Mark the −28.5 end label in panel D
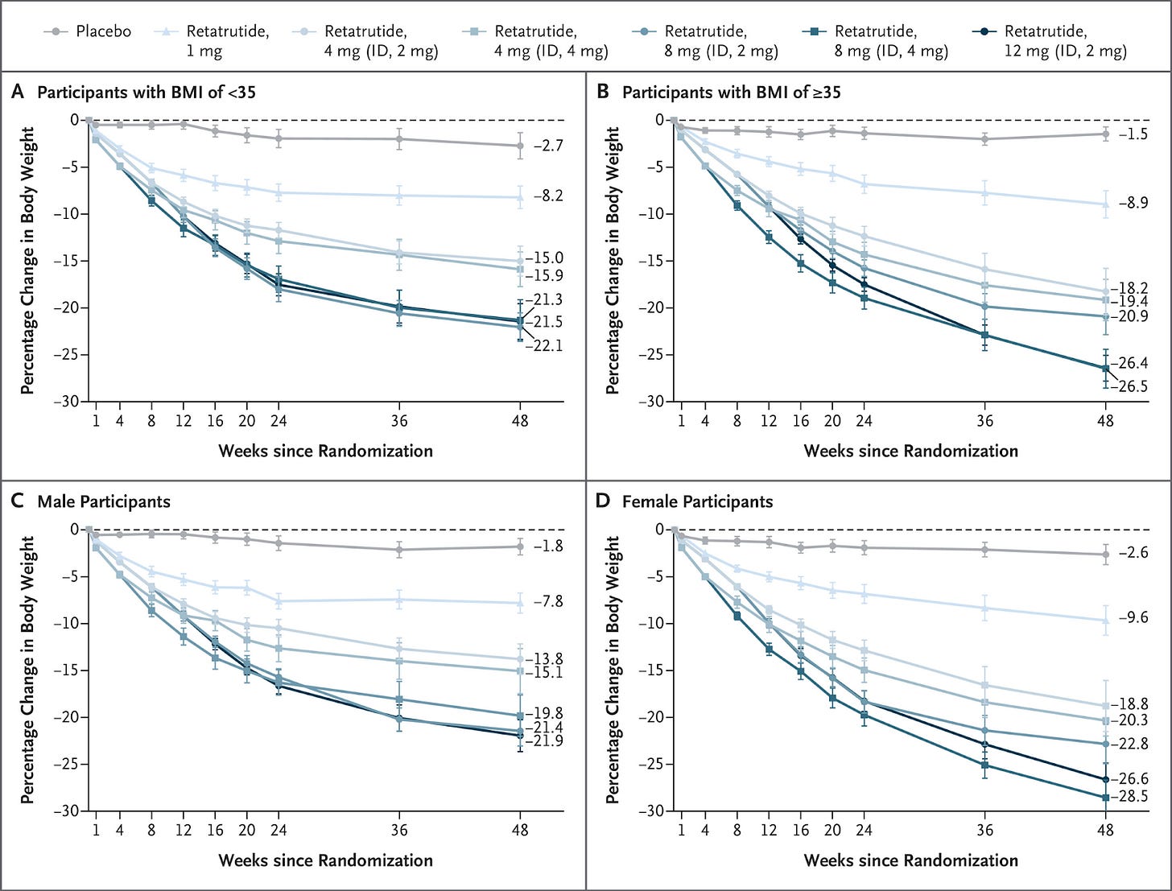[x=1134, y=797]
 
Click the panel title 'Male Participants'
[x=104, y=501]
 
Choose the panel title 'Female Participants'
[x=697, y=501]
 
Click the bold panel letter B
[x=603, y=92]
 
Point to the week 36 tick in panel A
[x=399, y=420]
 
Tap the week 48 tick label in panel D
[x=1105, y=830]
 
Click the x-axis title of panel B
[x=910, y=451]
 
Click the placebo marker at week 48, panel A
[x=520, y=146]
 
